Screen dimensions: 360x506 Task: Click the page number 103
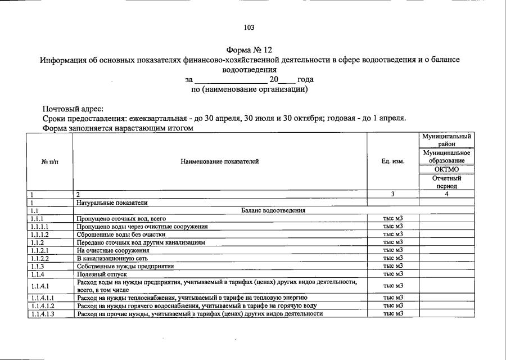[x=249, y=28]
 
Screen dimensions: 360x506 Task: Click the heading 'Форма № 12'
[x=249, y=50]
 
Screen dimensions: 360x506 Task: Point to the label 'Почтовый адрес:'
[x=73, y=109]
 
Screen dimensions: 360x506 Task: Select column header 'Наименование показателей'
[x=220, y=161]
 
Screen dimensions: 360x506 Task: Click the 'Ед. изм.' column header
[x=393, y=161]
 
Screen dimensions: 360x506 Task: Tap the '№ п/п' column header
[x=49, y=161]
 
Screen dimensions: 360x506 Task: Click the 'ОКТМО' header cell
[x=446, y=169]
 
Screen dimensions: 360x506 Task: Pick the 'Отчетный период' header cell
[x=446, y=182]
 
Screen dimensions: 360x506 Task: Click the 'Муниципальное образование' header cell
[x=446, y=157]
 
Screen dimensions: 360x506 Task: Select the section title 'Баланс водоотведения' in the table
[x=273, y=210]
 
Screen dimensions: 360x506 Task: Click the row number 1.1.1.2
[x=40, y=234]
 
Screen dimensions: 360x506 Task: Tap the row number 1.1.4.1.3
[x=42, y=313]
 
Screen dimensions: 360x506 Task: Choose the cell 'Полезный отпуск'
[x=98, y=274]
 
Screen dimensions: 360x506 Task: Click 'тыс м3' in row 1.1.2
[x=393, y=242]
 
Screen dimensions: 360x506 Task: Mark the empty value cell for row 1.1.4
[x=446, y=274]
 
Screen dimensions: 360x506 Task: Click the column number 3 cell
[x=393, y=194]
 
